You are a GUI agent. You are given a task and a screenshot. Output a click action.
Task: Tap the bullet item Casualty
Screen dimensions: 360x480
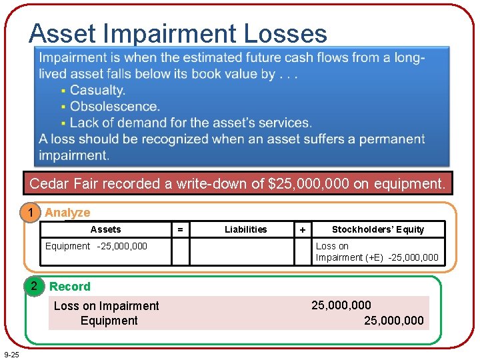tap(97, 90)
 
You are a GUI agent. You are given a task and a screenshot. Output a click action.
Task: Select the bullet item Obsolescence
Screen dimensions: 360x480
tap(115, 107)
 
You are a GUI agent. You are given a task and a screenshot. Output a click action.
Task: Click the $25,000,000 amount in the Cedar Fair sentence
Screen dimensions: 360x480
tap(308, 184)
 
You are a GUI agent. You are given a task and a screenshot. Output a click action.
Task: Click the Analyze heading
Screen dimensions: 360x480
tap(67, 213)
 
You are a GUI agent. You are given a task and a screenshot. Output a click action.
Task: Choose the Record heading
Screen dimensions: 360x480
tap(70, 287)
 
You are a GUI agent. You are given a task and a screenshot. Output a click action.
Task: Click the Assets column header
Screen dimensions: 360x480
tap(105, 229)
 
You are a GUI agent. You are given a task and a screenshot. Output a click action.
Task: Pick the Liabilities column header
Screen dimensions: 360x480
tap(245, 229)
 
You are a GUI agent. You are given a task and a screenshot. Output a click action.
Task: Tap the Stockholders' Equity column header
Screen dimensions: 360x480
tap(378, 229)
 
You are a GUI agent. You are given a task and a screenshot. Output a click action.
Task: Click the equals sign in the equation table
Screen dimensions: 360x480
tap(179, 229)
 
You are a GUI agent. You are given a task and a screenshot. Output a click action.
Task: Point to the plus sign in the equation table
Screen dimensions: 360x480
tap(303, 229)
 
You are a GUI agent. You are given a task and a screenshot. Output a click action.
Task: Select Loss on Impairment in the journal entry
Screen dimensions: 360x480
tap(106, 306)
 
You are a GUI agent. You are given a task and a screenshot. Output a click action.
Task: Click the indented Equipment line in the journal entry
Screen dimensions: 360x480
tap(109, 321)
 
